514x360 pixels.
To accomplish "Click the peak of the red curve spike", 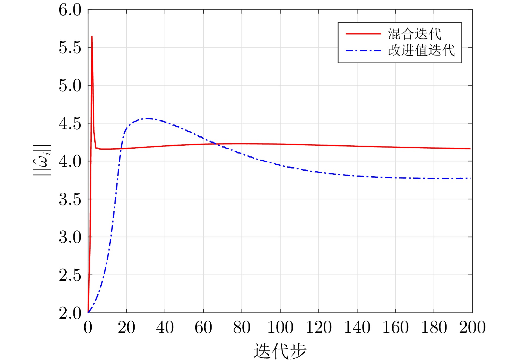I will tap(92, 36).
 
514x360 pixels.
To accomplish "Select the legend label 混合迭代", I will tap(414, 34).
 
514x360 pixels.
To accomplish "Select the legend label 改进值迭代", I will tap(421, 50).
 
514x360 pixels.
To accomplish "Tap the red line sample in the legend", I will tap(363, 34).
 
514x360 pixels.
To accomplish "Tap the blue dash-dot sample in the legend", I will tap(363, 51).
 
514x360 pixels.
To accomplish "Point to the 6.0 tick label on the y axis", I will tap(70, 10).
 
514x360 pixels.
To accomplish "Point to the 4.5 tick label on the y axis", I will tap(70, 124).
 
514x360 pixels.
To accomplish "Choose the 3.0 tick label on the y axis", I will tap(70, 237).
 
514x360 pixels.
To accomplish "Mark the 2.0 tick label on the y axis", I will tap(70, 313).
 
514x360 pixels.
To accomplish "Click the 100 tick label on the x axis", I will tap(280, 327).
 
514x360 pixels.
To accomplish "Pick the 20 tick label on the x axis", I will tap(126, 327).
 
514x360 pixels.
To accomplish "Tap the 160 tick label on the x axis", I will tap(395, 327).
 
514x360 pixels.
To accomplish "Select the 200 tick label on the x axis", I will tap(472, 327).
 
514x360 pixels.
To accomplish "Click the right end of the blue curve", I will tap(470, 178).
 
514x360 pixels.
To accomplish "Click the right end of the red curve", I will tap(470, 149).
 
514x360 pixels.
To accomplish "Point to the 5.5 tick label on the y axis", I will tap(70, 48).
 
